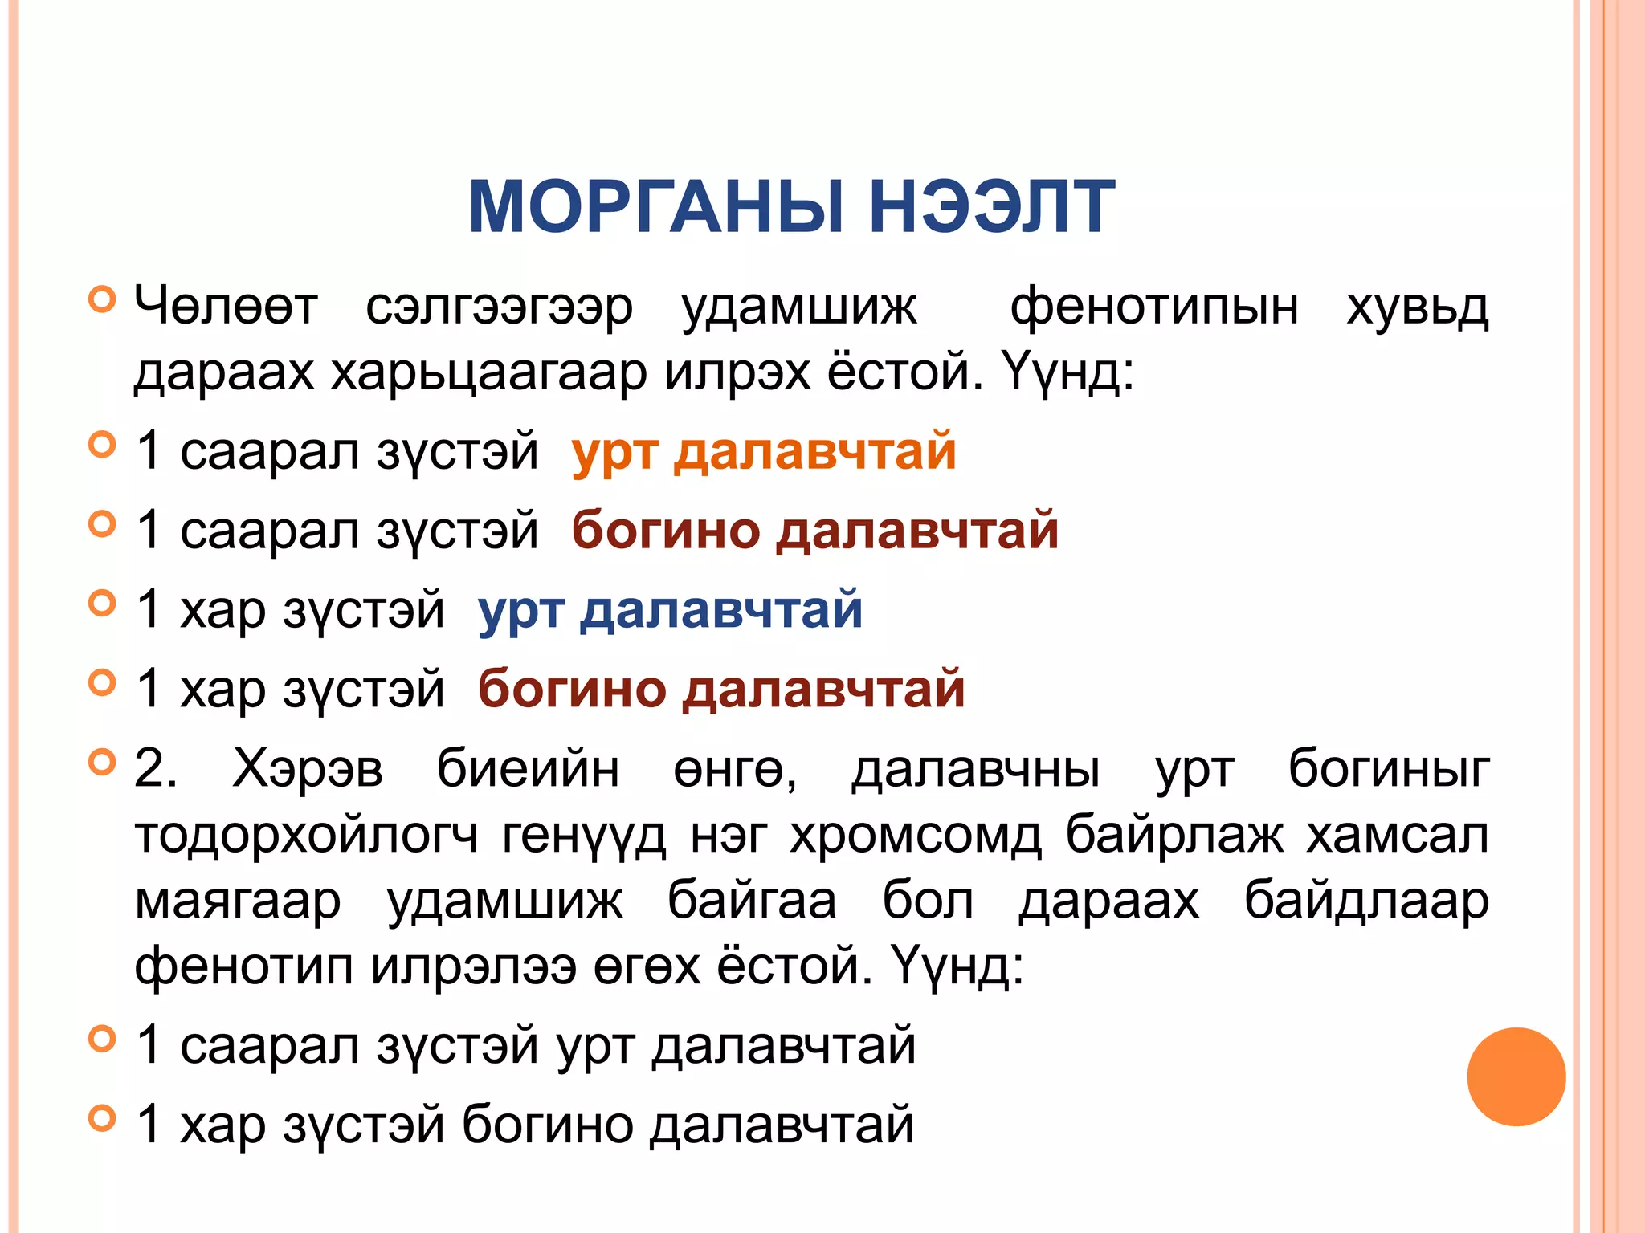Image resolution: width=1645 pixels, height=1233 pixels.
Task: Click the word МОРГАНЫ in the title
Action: (x=655, y=207)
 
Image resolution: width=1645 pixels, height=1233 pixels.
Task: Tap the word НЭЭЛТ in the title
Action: (x=991, y=207)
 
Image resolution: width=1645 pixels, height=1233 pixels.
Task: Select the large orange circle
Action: (x=1516, y=1076)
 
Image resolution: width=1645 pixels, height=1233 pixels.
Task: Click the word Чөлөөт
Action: (x=226, y=307)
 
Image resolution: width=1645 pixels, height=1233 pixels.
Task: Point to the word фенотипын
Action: (x=1153, y=307)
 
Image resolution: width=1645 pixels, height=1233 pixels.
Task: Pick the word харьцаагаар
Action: (x=489, y=372)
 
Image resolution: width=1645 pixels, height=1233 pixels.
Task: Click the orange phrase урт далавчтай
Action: (x=764, y=450)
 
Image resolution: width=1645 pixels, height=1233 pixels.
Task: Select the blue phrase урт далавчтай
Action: (x=670, y=609)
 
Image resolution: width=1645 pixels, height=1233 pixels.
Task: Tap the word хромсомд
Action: (x=916, y=835)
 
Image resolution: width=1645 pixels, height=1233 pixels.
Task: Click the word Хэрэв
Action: (x=308, y=769)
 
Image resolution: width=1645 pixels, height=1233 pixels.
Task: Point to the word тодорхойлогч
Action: (x=306, y=835)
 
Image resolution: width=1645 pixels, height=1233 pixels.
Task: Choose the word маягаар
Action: (x=238, y=901)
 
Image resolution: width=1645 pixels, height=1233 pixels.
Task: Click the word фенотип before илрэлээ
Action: (x=243, y=966)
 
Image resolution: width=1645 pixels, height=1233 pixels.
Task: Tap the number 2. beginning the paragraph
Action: (x=155, y=768)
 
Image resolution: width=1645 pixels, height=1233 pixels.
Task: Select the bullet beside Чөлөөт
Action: (x=102, y=299)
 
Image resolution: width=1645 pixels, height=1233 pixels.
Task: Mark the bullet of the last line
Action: (x=102, y=1117)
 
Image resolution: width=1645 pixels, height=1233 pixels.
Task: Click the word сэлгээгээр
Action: (x=499, y=307)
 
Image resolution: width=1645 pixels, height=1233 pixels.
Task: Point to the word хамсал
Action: (x=1397, y=835)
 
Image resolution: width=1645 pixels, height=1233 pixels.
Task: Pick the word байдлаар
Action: (x=1366, y=901)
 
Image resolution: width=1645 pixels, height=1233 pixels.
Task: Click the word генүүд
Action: (x=584, y=835)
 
